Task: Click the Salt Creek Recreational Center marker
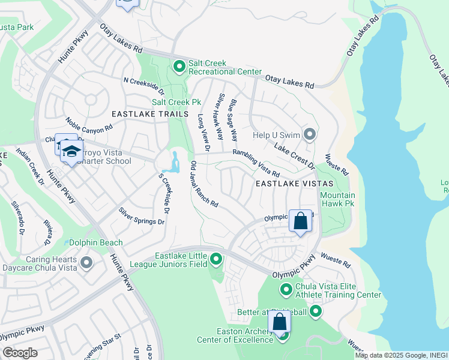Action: [179, 66]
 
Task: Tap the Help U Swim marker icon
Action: [310, 133]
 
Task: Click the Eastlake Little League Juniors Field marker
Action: [216, 260]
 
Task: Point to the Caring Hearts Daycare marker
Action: [86, 262]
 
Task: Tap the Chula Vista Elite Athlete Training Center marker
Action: [286, 290]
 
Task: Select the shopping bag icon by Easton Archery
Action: [279, 322]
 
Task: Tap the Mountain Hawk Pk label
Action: [337, 200]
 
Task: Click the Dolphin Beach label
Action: [96, 243]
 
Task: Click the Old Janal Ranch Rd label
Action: [204, 184]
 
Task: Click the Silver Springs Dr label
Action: [141, 216]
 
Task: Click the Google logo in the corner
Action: [20, 353]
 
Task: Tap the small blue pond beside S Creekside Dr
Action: [175, 162]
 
